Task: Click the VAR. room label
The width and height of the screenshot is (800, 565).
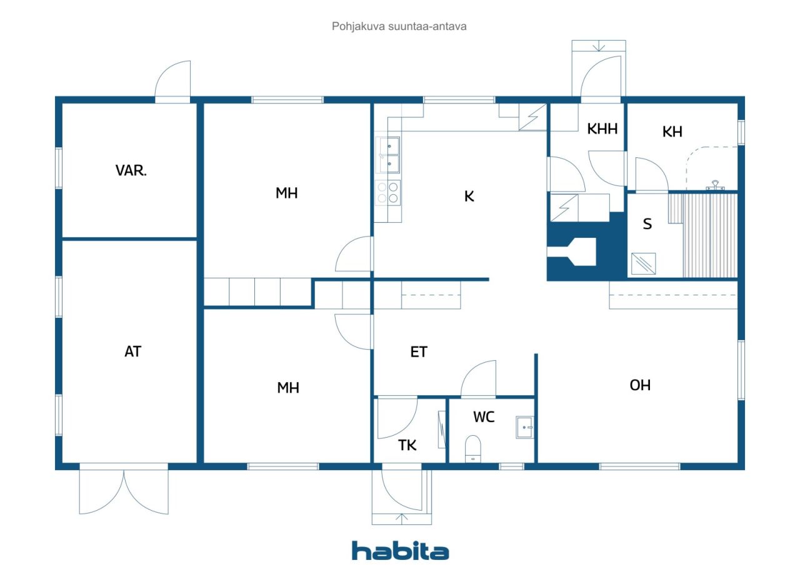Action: click(131, 170)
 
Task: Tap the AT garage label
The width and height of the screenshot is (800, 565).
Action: click(133, 351)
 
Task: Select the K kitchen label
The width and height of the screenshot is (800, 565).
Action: click(469, 196)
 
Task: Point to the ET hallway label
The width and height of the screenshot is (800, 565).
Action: click(419, 352)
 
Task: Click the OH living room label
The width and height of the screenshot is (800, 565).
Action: click(640, 385)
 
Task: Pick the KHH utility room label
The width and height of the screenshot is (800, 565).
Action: click(602, 129)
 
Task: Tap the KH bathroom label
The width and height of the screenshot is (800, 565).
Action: click(672, 132)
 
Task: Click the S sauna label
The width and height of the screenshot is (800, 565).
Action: click(647, 224)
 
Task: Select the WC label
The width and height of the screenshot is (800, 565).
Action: click(484, 417)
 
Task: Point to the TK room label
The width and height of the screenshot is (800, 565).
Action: click(407, 445)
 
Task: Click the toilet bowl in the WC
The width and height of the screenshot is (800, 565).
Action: click(473, 449)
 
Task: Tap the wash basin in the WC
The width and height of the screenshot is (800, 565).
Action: click(524, 427)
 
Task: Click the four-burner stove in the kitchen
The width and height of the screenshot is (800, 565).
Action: click(388, 193)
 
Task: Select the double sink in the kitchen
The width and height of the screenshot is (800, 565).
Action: click(388, 155)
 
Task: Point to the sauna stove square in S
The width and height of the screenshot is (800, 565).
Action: click(644, 263)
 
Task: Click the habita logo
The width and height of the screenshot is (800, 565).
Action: click(401, 551)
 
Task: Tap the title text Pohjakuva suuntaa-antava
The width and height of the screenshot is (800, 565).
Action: click(399, 26)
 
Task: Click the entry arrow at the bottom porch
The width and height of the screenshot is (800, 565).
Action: click(402, 519)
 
